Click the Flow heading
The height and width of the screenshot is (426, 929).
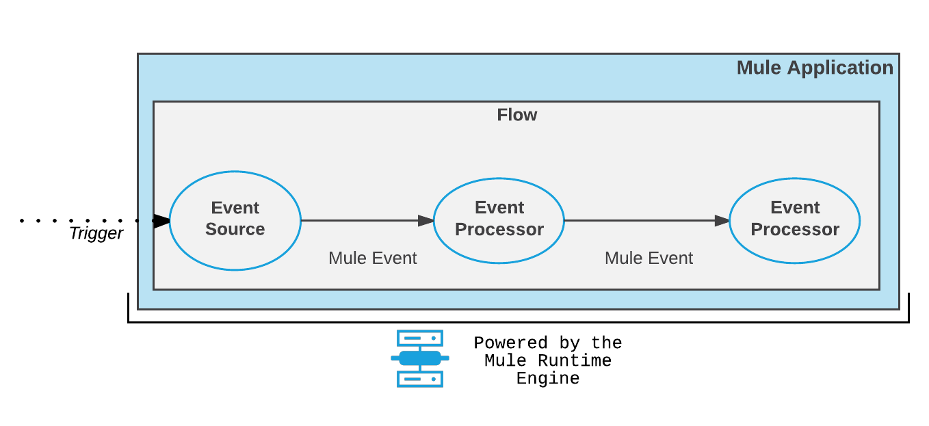516,115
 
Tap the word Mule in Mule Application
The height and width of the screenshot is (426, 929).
759,68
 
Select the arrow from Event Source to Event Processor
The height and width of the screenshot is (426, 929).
363,220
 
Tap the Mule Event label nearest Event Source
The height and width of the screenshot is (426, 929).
372,258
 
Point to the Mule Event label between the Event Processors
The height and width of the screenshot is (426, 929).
649,258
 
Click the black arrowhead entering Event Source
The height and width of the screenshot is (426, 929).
161,220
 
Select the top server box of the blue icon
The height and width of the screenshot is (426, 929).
420,338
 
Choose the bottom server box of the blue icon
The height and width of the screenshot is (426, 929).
420,379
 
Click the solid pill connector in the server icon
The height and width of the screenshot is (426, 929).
420,358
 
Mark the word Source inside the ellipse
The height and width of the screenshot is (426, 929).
235,229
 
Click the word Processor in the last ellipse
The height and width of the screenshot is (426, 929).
794,229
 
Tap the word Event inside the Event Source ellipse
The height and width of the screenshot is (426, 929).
235,207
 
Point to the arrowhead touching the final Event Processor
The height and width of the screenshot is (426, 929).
722,220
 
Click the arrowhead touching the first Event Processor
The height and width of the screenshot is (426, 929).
426,220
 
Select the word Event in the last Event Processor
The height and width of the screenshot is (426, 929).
794,207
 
